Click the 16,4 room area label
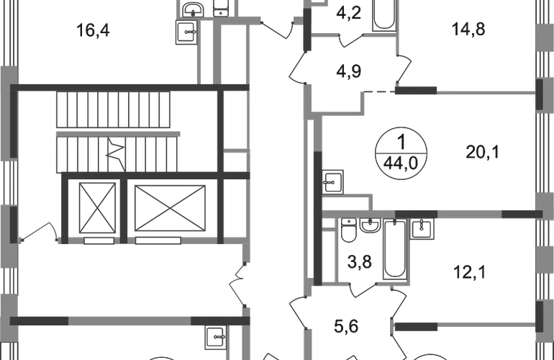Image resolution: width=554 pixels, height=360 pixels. click(93, 30)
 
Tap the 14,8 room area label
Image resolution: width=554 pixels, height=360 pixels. click(468, 29)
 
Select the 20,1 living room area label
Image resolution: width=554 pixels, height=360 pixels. click(482, 153)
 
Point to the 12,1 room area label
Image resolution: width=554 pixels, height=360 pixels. click(470, 272)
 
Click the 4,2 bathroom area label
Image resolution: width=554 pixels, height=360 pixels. click(348, 13)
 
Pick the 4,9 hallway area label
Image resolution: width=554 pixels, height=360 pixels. click(348, 71)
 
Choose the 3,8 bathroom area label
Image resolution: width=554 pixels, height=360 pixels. click(359, 262)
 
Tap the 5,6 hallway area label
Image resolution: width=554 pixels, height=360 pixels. click(346, 326)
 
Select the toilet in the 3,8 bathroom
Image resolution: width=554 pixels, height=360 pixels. click(349, 230)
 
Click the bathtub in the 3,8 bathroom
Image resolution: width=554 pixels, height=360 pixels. click(395, 249)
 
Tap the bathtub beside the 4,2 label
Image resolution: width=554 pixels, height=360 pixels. click(384, 15)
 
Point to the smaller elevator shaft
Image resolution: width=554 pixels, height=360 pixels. click(98, 208)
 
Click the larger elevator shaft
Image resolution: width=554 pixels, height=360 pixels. click(170, 208)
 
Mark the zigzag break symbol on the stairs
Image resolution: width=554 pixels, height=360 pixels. click(117, 153)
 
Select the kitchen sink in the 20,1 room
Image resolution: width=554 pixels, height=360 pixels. click(332, 182)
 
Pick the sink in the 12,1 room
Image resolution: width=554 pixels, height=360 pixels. click(422, 228)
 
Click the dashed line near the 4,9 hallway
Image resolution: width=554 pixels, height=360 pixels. click(379, 92)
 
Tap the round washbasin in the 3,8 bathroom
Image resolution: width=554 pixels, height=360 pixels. click(370, 225)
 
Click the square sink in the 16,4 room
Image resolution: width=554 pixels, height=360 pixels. click(186, 32)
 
